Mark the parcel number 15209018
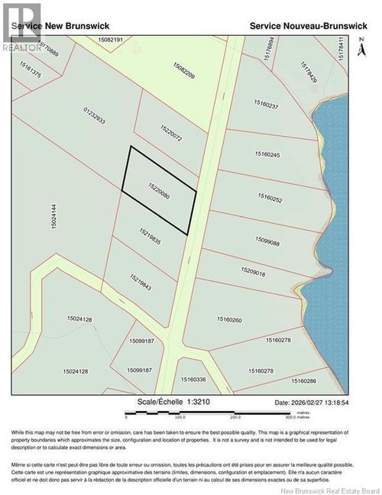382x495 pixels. (x=253, y=271)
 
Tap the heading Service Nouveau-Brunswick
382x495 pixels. (x=308, y=25)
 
